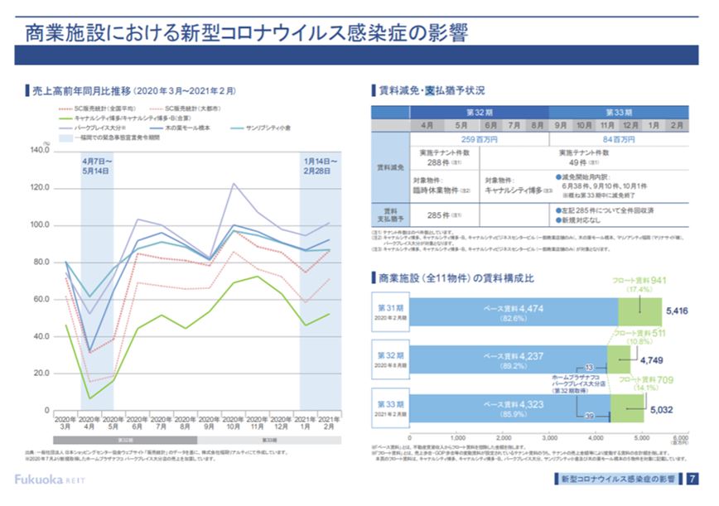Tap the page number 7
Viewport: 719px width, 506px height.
point(692,479)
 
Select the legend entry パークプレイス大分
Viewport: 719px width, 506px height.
point(100,128)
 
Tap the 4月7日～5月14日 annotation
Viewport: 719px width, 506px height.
point(98,165)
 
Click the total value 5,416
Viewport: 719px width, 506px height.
point(677,311)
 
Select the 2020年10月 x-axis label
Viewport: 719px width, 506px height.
point(234,425)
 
